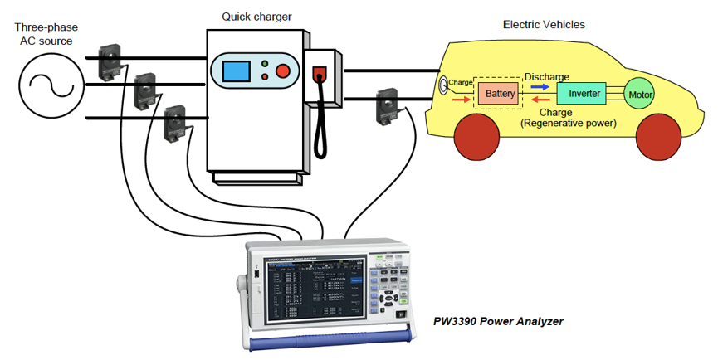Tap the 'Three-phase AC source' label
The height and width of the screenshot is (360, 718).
point(44,34)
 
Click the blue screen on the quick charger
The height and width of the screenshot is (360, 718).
point(236,70)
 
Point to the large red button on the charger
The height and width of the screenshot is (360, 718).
point(284,71)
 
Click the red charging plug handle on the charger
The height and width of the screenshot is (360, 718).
point(318,79)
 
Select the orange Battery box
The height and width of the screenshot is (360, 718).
point(497,94)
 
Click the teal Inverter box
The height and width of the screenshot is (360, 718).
point(584,94)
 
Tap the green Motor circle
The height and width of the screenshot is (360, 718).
point(640,95)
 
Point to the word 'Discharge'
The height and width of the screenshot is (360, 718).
point(546,76)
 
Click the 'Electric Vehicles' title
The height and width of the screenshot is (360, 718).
point(544,24)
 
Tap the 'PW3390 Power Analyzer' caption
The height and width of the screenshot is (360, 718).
point(499,320)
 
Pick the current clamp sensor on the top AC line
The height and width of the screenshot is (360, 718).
point(111,60)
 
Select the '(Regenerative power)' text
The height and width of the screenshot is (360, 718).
point(569,123)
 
